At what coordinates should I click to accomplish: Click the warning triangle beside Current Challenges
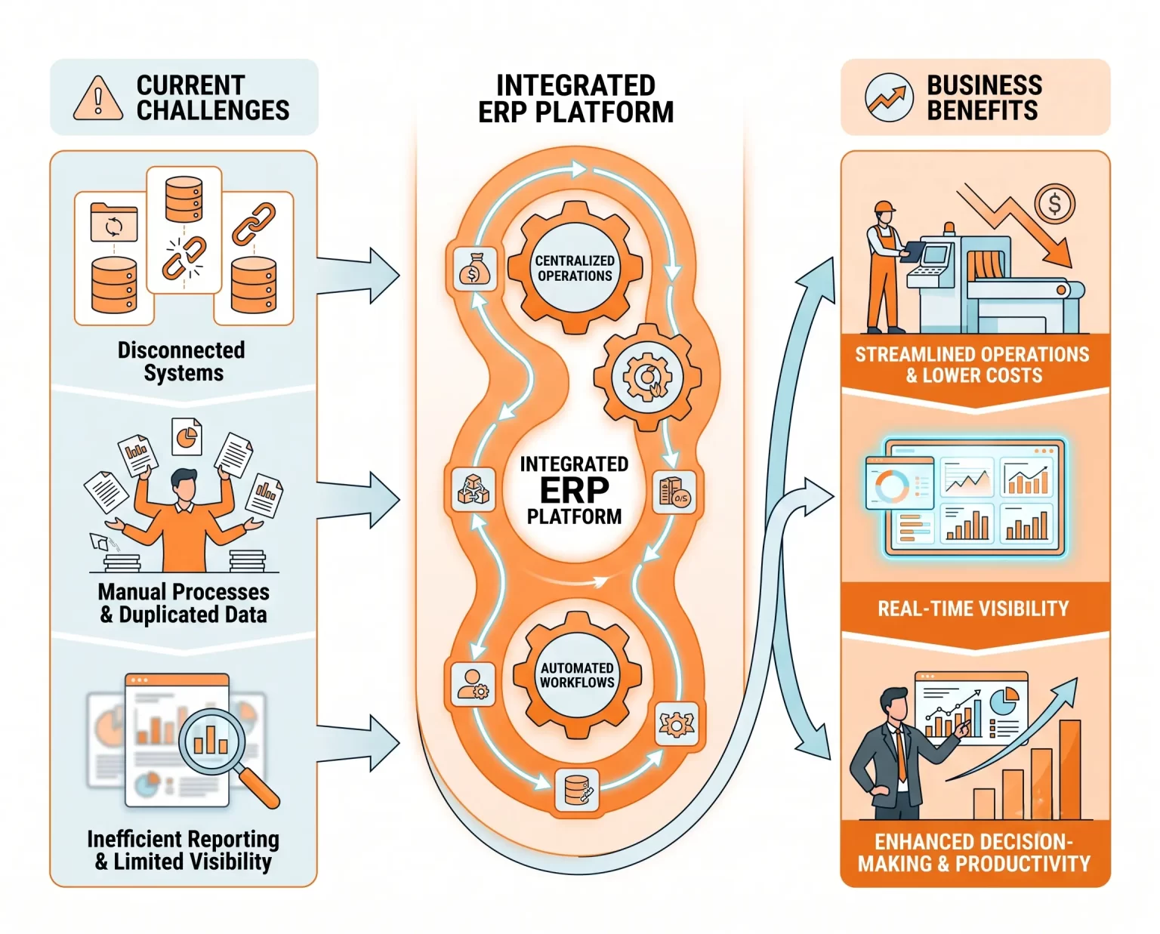point(98,98)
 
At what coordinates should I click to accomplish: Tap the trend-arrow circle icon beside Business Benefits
point(889,97)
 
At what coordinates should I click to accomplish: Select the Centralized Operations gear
point(575,268)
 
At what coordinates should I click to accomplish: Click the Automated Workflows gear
point(577,675)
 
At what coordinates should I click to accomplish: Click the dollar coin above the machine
point(1054,205)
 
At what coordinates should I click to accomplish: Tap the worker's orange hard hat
point(884,208)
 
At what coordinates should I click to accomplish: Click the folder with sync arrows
point(114,222)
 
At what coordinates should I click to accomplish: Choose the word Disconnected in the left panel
point(181,350)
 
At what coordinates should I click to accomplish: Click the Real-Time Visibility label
point(973,609)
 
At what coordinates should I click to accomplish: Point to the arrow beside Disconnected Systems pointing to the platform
point(358,276)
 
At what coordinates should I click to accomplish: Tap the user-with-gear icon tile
point(472,684)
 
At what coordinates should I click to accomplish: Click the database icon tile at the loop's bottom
point(577,789)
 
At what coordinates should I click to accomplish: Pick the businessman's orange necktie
point(901,754)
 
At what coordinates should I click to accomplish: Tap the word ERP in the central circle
point(574,490)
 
